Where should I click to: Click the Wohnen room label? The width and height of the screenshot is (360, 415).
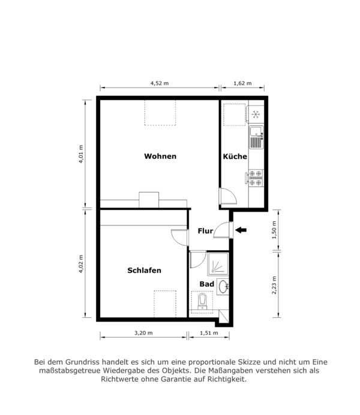point(160,156)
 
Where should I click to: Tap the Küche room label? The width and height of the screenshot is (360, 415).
point(235,157)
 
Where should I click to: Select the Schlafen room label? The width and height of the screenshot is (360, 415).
point(144,270)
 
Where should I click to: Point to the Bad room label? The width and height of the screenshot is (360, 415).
point(207,284)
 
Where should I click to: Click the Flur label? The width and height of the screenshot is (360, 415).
point(205,231)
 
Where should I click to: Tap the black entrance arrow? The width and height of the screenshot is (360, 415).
point(241,230)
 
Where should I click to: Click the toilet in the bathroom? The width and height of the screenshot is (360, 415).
point(203,302)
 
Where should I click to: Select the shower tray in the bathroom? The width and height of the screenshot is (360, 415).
point(218,264)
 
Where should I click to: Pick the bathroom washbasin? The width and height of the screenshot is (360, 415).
point(223,287)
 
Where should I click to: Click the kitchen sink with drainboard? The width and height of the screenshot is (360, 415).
point(256,137)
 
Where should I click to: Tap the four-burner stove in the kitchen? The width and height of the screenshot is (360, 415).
point(256,178)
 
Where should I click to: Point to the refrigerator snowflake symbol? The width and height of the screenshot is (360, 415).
point(256,115)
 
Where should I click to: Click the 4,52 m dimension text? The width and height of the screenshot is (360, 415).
point(160,83)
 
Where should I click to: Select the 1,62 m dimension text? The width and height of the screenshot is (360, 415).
point(242,83)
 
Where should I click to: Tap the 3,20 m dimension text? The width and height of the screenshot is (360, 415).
point(143,333)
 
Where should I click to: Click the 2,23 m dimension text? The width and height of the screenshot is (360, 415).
point(274,285)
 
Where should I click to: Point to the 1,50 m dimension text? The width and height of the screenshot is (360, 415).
point(274,230)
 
